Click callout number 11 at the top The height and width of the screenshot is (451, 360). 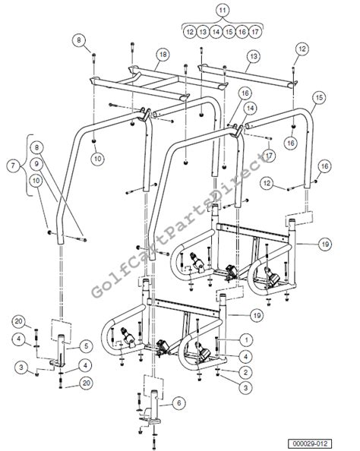[222, 10]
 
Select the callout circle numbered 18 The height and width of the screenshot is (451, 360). [163, 55]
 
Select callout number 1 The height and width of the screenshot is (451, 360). [245, 338]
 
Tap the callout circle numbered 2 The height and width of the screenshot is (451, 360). [245, 371]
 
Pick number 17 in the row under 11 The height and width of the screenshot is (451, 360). [255, 32]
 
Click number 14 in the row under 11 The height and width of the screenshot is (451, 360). [216, 32]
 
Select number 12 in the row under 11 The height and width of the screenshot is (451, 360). [189, 32]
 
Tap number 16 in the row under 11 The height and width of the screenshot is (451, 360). [242, 32]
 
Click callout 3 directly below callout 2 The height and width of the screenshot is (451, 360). [245, 386]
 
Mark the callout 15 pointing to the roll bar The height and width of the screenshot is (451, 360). [318, 97]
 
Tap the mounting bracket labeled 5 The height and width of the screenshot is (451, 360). [62, 354]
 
